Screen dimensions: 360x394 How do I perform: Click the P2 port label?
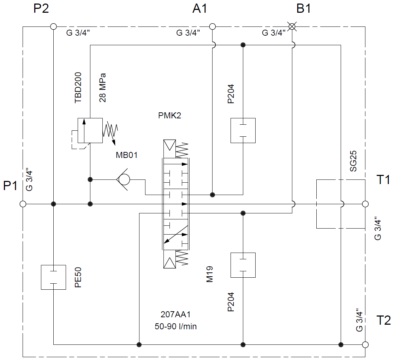[41, 9]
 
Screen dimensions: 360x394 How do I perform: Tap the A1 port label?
[199, 9]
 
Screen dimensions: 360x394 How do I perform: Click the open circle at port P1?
[23, 204]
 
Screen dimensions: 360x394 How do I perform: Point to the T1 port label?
[383, 180]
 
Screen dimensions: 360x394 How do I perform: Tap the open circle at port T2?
[365, 344]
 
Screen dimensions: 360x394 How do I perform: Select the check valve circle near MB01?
[124, 180]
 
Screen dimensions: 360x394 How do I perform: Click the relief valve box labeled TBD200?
[90, 130]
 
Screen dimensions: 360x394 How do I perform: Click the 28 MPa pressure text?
[103, 88]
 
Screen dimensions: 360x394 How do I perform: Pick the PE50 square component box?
[53, 277]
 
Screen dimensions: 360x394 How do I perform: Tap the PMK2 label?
[169, 116]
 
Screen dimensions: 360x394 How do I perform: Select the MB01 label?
[126, 155]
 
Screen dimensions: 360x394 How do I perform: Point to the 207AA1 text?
[175, 314]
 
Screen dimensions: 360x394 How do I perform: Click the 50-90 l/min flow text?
[175, 326]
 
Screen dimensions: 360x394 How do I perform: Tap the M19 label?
[210, 274]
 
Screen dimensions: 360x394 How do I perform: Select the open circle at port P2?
[53, 26]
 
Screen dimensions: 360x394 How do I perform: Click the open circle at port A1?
[212, 26]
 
